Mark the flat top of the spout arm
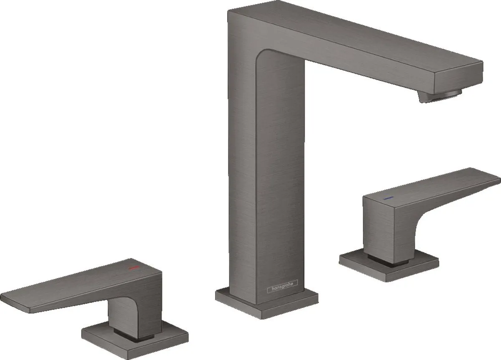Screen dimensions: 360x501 click(x=355, y=38)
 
